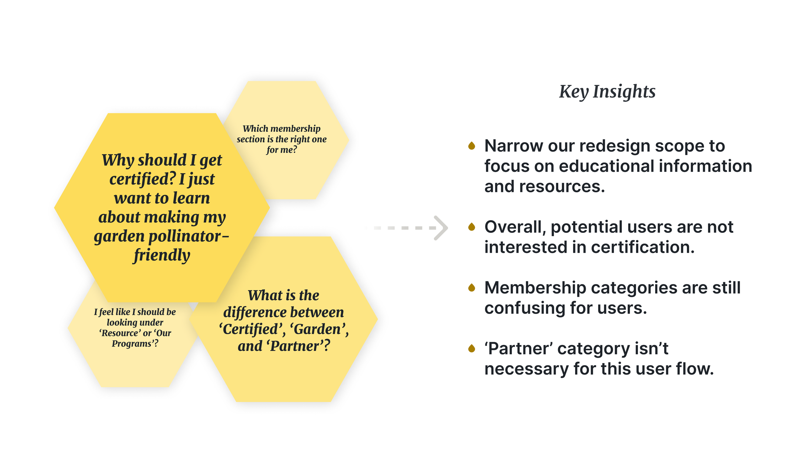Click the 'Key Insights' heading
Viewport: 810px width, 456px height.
pyautogui.click(x=607, y=92)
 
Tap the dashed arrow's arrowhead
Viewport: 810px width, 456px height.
pyautogui.click(x=442, y=228)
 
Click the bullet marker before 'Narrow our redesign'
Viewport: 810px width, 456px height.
pyautogui.click(x=472, y=146)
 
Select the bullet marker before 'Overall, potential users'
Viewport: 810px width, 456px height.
pyautogui.click(x=472, y=227)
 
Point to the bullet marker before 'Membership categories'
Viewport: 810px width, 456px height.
pyautogui.click(x=472, y=287)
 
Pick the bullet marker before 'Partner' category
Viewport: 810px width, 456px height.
pyautogui.click(x=472, y=348)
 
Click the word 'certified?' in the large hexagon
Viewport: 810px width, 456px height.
pyautogui.click(x=143, y=179)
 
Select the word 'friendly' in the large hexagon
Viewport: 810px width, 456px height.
pyautogui.click(x=162, y=255)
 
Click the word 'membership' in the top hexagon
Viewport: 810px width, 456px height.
pyautogui.click(x=295, y=129)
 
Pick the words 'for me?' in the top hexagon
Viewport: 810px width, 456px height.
pyautogui.click(x=282, y=150)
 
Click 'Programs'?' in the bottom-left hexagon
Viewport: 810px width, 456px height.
pyautogui.click(x=135, y=343)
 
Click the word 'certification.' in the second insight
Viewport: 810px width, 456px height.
pyautogui.click(x=643, y=247)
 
